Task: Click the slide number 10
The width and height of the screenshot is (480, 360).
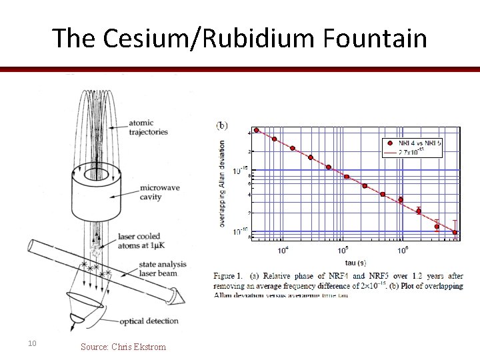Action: (31, 343)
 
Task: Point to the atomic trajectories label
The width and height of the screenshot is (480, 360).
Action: (151, 127)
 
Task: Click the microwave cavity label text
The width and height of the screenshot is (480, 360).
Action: (155, 192)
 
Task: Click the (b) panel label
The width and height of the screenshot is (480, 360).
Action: (221, 125)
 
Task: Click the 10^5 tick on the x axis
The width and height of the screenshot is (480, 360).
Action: (343, 250)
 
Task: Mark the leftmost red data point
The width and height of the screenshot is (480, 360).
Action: (257, 130)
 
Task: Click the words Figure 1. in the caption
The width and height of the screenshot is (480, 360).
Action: (229, 275)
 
